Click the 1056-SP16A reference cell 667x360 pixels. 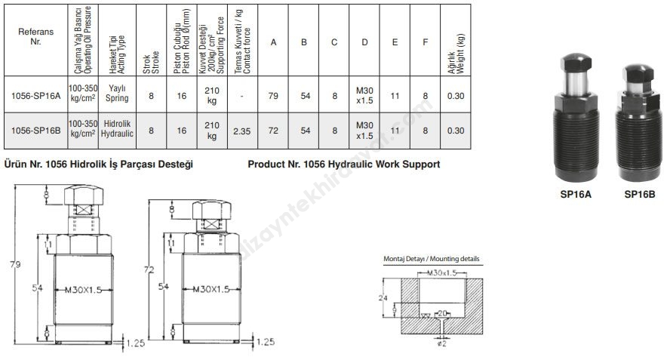click(x=36, y=96)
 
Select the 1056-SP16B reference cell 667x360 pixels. click(x=36, y=131)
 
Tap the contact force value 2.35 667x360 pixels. click(x=242, y=131)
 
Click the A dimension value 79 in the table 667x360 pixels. click(x=273, y=96)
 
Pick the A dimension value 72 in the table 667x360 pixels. click(x=273, y=131)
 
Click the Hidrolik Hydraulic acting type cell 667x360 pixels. click(x=117, y=128)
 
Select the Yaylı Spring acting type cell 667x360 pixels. click(x=117, y=93)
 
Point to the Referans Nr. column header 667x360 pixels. click(x=36, y=36)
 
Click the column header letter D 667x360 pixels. click(x=364, y=42)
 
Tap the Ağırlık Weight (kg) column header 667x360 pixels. click(x=456, y=54)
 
